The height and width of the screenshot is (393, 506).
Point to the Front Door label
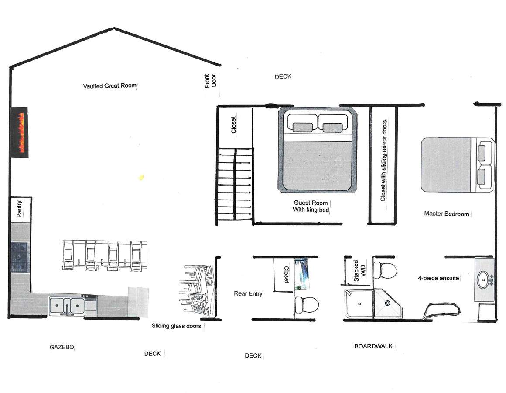(x=210, y=81)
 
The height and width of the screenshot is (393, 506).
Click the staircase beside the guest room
(x=235, y=185)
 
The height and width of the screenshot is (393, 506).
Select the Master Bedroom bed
(x=456, y=165)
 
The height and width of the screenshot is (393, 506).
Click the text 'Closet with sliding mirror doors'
(x=383, y=161)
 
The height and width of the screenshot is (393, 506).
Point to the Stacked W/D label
(x=359, y=271)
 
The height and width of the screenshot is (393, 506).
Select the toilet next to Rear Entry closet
(x=305, y=304)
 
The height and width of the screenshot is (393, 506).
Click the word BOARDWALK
(x=373, y=346)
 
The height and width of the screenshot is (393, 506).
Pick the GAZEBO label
(x=61, y=348)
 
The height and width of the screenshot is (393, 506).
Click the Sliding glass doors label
(x=176, y=326)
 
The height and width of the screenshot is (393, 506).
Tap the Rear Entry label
(x=248, y=293)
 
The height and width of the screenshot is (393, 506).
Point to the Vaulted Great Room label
(x=110, y=86)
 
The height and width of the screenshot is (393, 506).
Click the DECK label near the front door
(x=283, y=77)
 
